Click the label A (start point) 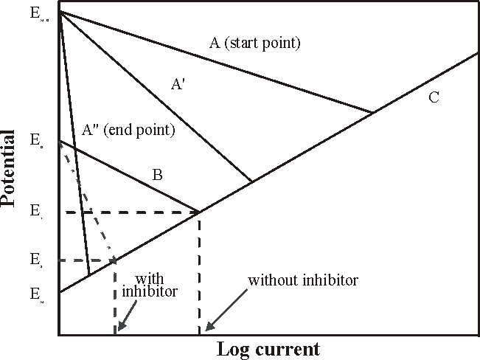(x=255, y=43)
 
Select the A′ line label (x=178, y=85)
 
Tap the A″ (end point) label (x=129, y=131)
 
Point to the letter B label (x=157, y=175)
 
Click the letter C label (x=434, y=97)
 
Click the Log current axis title (x=268, y=348)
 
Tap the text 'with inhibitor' (x=156, y=285)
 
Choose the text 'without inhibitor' (x=303, y=280)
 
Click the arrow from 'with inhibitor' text (x=126, y=322)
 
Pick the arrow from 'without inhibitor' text (x=214, y=321)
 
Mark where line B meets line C (x=199, y=212)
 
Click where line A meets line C (x=373, y=112)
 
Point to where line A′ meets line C (x=252, y=181)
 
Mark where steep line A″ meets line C (x=89, y=275)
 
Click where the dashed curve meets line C (x=115, y=260)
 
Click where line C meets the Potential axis (x=59, y=293)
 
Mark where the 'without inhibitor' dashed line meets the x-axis (x=199, y=335)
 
